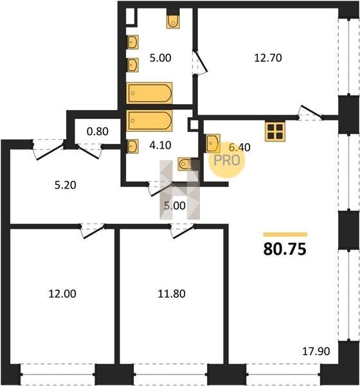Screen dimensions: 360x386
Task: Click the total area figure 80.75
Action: [x=285, y=249]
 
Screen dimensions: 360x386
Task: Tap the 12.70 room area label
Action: [x=267, y=58]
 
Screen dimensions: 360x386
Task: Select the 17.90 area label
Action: [x=316, y=351]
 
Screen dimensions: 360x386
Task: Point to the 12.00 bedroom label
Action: [x=62, y=294]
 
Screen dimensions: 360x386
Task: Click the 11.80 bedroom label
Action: [x=172, y=294]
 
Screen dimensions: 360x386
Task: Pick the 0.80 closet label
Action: [x=98, y=131]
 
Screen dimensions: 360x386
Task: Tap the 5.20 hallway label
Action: [x=65, y=185]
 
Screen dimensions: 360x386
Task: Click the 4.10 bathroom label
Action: [x=160, y=145]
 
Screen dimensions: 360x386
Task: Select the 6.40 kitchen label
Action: [x=239, y=147]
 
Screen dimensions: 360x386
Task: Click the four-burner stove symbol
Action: [x=275, y=132]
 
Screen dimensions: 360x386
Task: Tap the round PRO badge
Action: [x=227, y=160]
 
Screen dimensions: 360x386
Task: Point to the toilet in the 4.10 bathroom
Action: [x=186, y=164]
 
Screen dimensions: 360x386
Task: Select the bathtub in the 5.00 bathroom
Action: [x=149, y=93]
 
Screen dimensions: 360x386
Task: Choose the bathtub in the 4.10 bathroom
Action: [x=149, y=120]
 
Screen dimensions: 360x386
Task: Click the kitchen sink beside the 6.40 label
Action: [x=213, y=143]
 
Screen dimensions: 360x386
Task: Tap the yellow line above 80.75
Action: [x=285, y=234]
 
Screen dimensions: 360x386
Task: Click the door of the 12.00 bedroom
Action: [x=93, y=231]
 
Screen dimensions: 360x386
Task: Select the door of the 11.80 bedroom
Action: [x=183, y=231]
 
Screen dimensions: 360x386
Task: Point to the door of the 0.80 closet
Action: [x=89, y=151]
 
